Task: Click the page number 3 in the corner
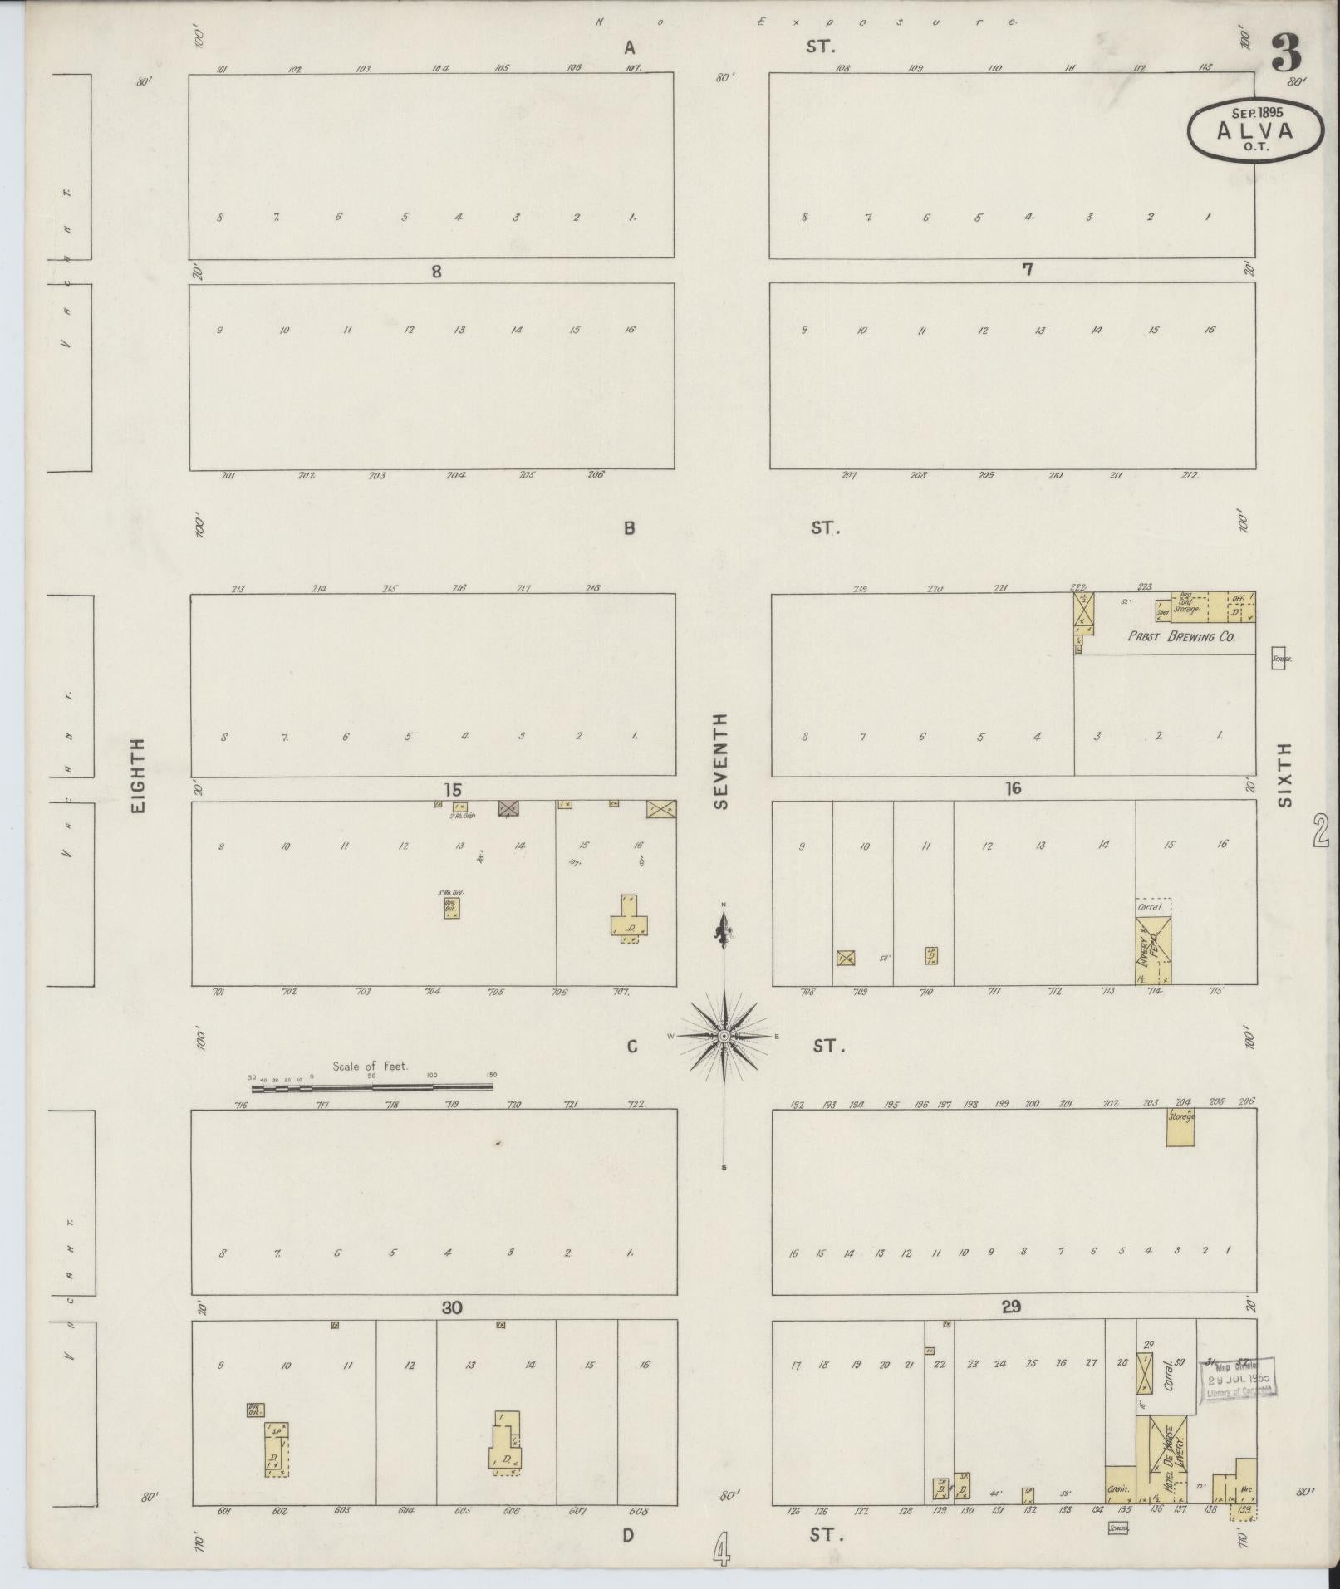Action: tap(1285, 54)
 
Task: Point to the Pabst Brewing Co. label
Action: tap(1180, 637)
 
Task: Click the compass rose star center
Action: tap(724, 1037)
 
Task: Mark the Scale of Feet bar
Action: tap(372, 1086)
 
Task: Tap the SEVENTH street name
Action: tap(720, 761)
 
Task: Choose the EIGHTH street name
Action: tap(138, 776)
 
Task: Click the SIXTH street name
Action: tap(1285, 775)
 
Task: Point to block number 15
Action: tap(452, 790)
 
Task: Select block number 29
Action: tap(1010, 1307)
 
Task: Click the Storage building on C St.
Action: tap(1180, 1128)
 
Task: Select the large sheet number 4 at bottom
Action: tap(722, 1549)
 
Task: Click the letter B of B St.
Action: tap(630, 528)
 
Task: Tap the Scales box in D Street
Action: tap(1118, 1527)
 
